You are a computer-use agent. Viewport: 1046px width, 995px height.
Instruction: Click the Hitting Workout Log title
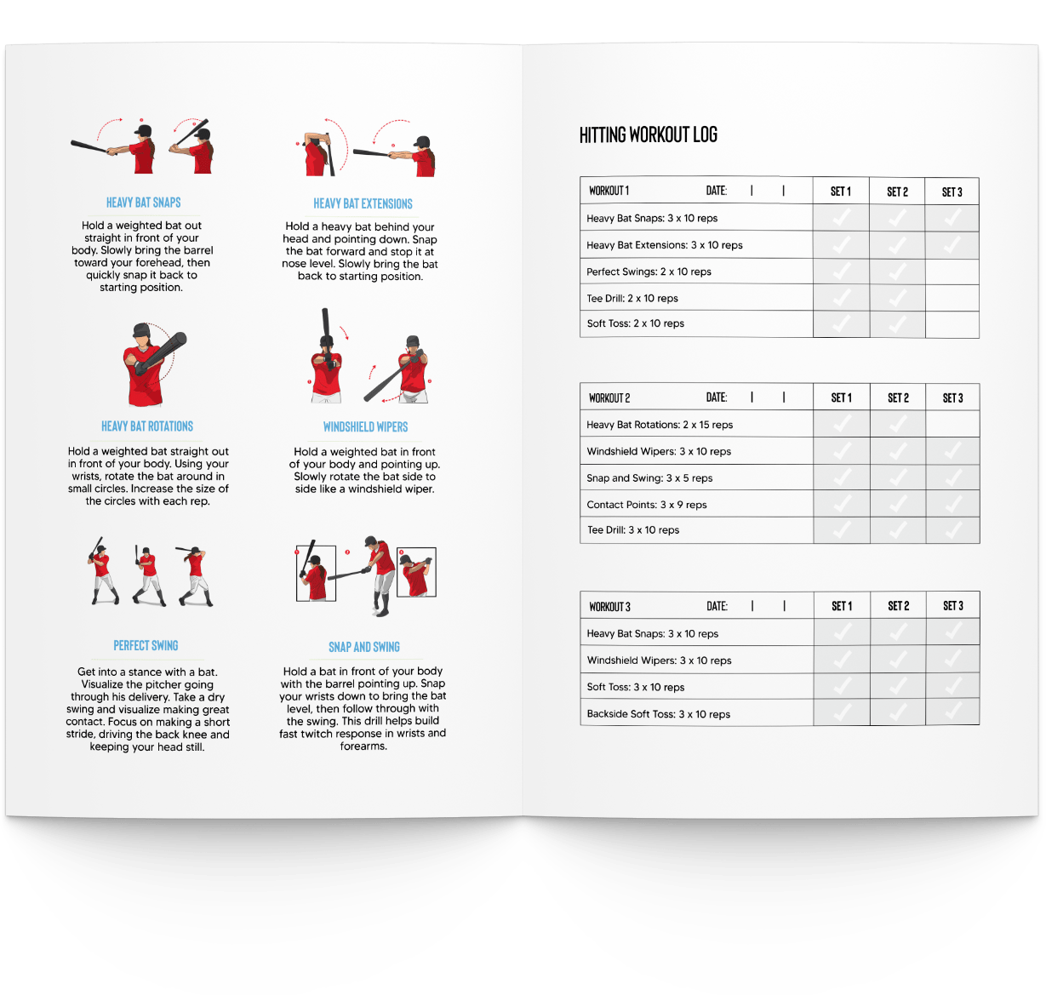point(648,134)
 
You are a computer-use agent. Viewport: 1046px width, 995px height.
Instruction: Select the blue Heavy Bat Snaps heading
point(143,203)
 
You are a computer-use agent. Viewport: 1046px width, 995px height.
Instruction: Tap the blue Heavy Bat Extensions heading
point(363,203)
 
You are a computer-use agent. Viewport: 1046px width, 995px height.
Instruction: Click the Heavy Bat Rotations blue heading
point(147,426)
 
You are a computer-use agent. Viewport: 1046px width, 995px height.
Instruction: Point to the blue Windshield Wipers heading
point(365,427)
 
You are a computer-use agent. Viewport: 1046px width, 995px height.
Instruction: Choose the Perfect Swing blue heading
point(146,646)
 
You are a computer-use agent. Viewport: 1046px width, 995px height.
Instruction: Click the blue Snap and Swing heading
point(363,647)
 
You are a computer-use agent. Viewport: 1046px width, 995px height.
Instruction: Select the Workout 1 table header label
point(609,191)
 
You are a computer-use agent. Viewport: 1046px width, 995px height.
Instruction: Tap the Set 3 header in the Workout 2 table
point(952,398)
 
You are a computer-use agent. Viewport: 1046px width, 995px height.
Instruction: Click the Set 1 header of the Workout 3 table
point(841,606)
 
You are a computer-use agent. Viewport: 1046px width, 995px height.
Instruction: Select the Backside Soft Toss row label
point(658,714)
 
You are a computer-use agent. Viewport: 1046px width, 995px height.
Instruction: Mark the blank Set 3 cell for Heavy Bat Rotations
point(952,424)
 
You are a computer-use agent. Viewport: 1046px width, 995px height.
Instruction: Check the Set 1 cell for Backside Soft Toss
point(841,712)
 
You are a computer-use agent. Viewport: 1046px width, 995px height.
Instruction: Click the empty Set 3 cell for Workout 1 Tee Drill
point(952,298)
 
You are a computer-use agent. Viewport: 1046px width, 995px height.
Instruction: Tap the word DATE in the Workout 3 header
point(717,606)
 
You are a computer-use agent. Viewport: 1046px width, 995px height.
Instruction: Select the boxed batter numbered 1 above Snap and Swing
point(315,573)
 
